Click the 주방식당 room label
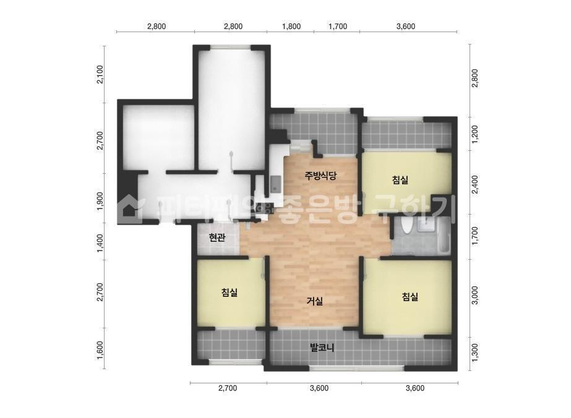(x=320, y=176)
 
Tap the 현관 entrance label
(x=217, y=238)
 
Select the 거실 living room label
(x=315, y=301)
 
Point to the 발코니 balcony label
(x=322, y=348)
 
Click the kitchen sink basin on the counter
(x=276, y=184)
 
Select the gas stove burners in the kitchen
(x=265, y=208)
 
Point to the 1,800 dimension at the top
(x=291, y=27)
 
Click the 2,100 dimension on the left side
(x=100, y=75)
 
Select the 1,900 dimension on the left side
(x=100, y=202)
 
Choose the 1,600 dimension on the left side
(x=100, y=350)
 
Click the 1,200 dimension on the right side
(x=475, y=135)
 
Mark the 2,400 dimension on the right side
(x=475, y=185)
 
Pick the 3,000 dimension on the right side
(x=475, y=296)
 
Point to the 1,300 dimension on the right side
(x=475, y=352)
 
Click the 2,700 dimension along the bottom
(x=228, y=388)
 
